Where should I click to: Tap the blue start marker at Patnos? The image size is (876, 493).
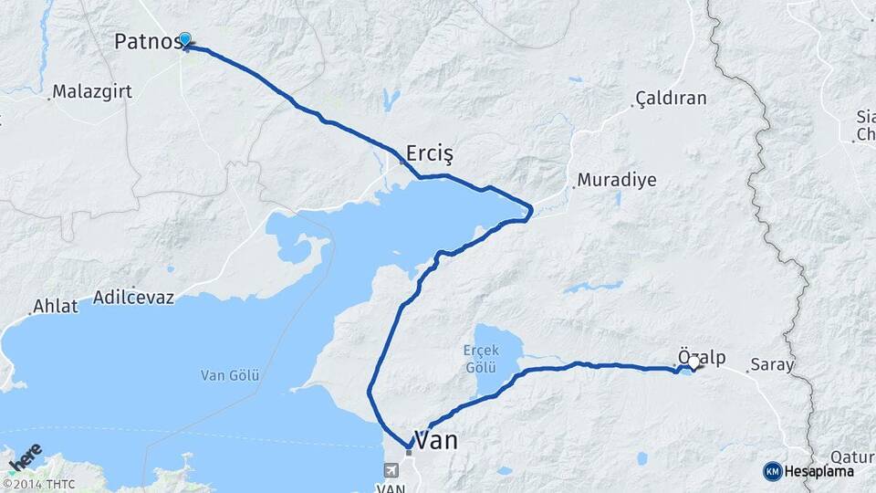tap(185, 39)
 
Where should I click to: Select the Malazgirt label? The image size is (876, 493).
tap(90, 91)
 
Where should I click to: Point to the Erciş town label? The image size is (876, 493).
tap(429, 152)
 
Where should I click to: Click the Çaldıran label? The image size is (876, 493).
tap(672, 99)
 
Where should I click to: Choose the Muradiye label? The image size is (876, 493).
tap(617, 180)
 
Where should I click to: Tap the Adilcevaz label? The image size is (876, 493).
tap(134, 299)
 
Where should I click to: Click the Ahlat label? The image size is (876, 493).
tap(56, 307)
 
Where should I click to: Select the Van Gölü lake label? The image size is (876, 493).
tap(231, 375)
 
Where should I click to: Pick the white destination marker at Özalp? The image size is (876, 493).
tap(694, 363)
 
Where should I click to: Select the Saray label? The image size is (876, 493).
tap(771, 365)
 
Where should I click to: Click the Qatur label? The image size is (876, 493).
tap(852, 457)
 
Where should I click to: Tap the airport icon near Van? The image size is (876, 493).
tap(391, 471)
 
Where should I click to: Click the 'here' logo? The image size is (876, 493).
tap(25, 457)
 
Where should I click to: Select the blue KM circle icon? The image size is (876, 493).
tap(773, 471)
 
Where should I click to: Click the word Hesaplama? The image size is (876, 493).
tap(821, 471)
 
